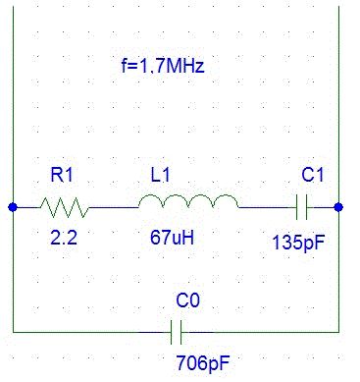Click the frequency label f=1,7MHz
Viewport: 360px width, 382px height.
tap(163, 66)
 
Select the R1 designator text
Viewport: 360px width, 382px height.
tap(62, 175)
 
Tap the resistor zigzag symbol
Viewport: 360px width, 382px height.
tap(65, 207)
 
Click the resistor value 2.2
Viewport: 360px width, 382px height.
tap(64, 238)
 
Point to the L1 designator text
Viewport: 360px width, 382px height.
tap(160, 175)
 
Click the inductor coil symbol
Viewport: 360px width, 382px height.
tap(188, 201)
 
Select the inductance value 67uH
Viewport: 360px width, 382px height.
tap(172, 238)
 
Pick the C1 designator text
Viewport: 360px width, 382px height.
tap(313, 175)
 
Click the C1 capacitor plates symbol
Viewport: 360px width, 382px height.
tap(301, 207)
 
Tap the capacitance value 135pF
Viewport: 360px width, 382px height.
tap(298, 243)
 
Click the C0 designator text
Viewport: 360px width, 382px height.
tap(187, 300)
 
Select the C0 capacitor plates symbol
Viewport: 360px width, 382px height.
tap(176, 332)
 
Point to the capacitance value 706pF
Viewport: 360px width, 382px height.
tap(203, 363)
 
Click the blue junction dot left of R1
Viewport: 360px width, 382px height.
tap(13, 207)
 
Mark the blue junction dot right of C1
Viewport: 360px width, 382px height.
tap(338, 207)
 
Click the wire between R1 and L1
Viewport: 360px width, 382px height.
tap(114, 207)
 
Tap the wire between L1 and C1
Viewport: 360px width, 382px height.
tap(268, 207)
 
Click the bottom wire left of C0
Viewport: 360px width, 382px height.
tap(92, 332)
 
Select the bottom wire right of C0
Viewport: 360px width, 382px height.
tap(260, 332)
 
